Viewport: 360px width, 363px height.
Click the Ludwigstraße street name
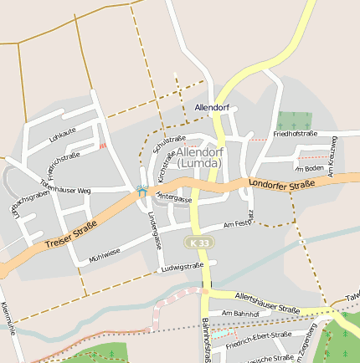183,267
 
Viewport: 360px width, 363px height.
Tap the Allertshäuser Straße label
267,303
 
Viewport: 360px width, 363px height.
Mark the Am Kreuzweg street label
332,156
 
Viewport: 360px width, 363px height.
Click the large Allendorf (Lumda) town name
199,157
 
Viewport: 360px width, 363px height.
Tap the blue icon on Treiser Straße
142,192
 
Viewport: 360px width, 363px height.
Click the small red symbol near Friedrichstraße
103,146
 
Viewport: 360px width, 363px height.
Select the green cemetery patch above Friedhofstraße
293,120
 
